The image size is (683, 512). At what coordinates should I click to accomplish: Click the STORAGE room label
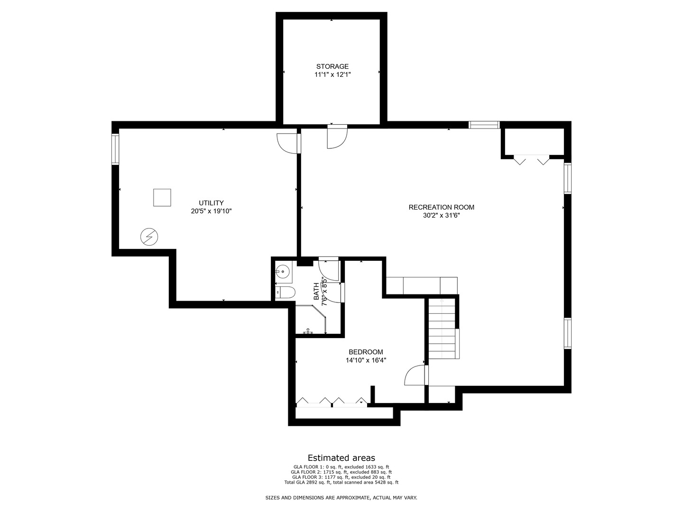[x=332, y=66]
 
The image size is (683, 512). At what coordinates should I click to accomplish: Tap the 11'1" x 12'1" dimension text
[x=332, y=74]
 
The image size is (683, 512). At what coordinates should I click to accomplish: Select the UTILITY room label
[x=211, y=203]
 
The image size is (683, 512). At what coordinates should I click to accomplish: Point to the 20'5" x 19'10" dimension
[x=211, y=211]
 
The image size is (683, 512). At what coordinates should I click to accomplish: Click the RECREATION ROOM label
[x=441, y=207]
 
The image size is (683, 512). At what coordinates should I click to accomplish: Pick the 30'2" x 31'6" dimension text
[x=441, y=215]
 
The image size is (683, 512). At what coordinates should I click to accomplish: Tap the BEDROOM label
[x=366, y=352]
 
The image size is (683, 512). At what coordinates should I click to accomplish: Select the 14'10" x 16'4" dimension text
[x=366, y=360]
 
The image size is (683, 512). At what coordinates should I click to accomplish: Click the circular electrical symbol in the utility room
[x=149, y=236]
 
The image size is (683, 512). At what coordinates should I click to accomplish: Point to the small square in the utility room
[x=162, y=197]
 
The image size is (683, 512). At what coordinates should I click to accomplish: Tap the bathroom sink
[x=283, y=272]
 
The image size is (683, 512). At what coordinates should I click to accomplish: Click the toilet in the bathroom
[x=286, y=292]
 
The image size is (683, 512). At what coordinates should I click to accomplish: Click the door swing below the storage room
[x=337, y=137]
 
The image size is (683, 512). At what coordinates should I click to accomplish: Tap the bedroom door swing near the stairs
[x=415, y=375]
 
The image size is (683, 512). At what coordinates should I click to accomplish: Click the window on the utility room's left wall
[x=115, y=149]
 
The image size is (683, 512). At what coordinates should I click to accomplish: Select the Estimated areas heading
[x=341, y=457]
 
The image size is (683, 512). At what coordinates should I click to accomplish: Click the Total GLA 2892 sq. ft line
[x=341, y=482]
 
